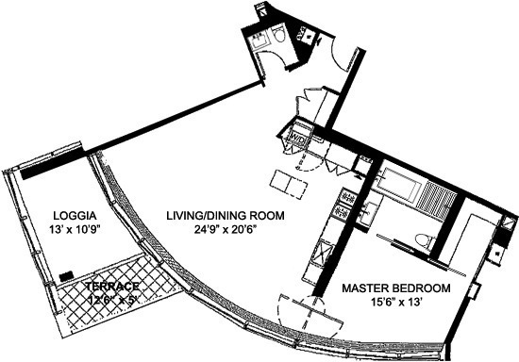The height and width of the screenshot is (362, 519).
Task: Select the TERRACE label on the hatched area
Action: [112, 286]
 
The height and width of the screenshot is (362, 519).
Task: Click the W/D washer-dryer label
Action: [295, 139]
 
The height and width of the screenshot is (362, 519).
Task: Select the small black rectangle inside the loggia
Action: [66, 276]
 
